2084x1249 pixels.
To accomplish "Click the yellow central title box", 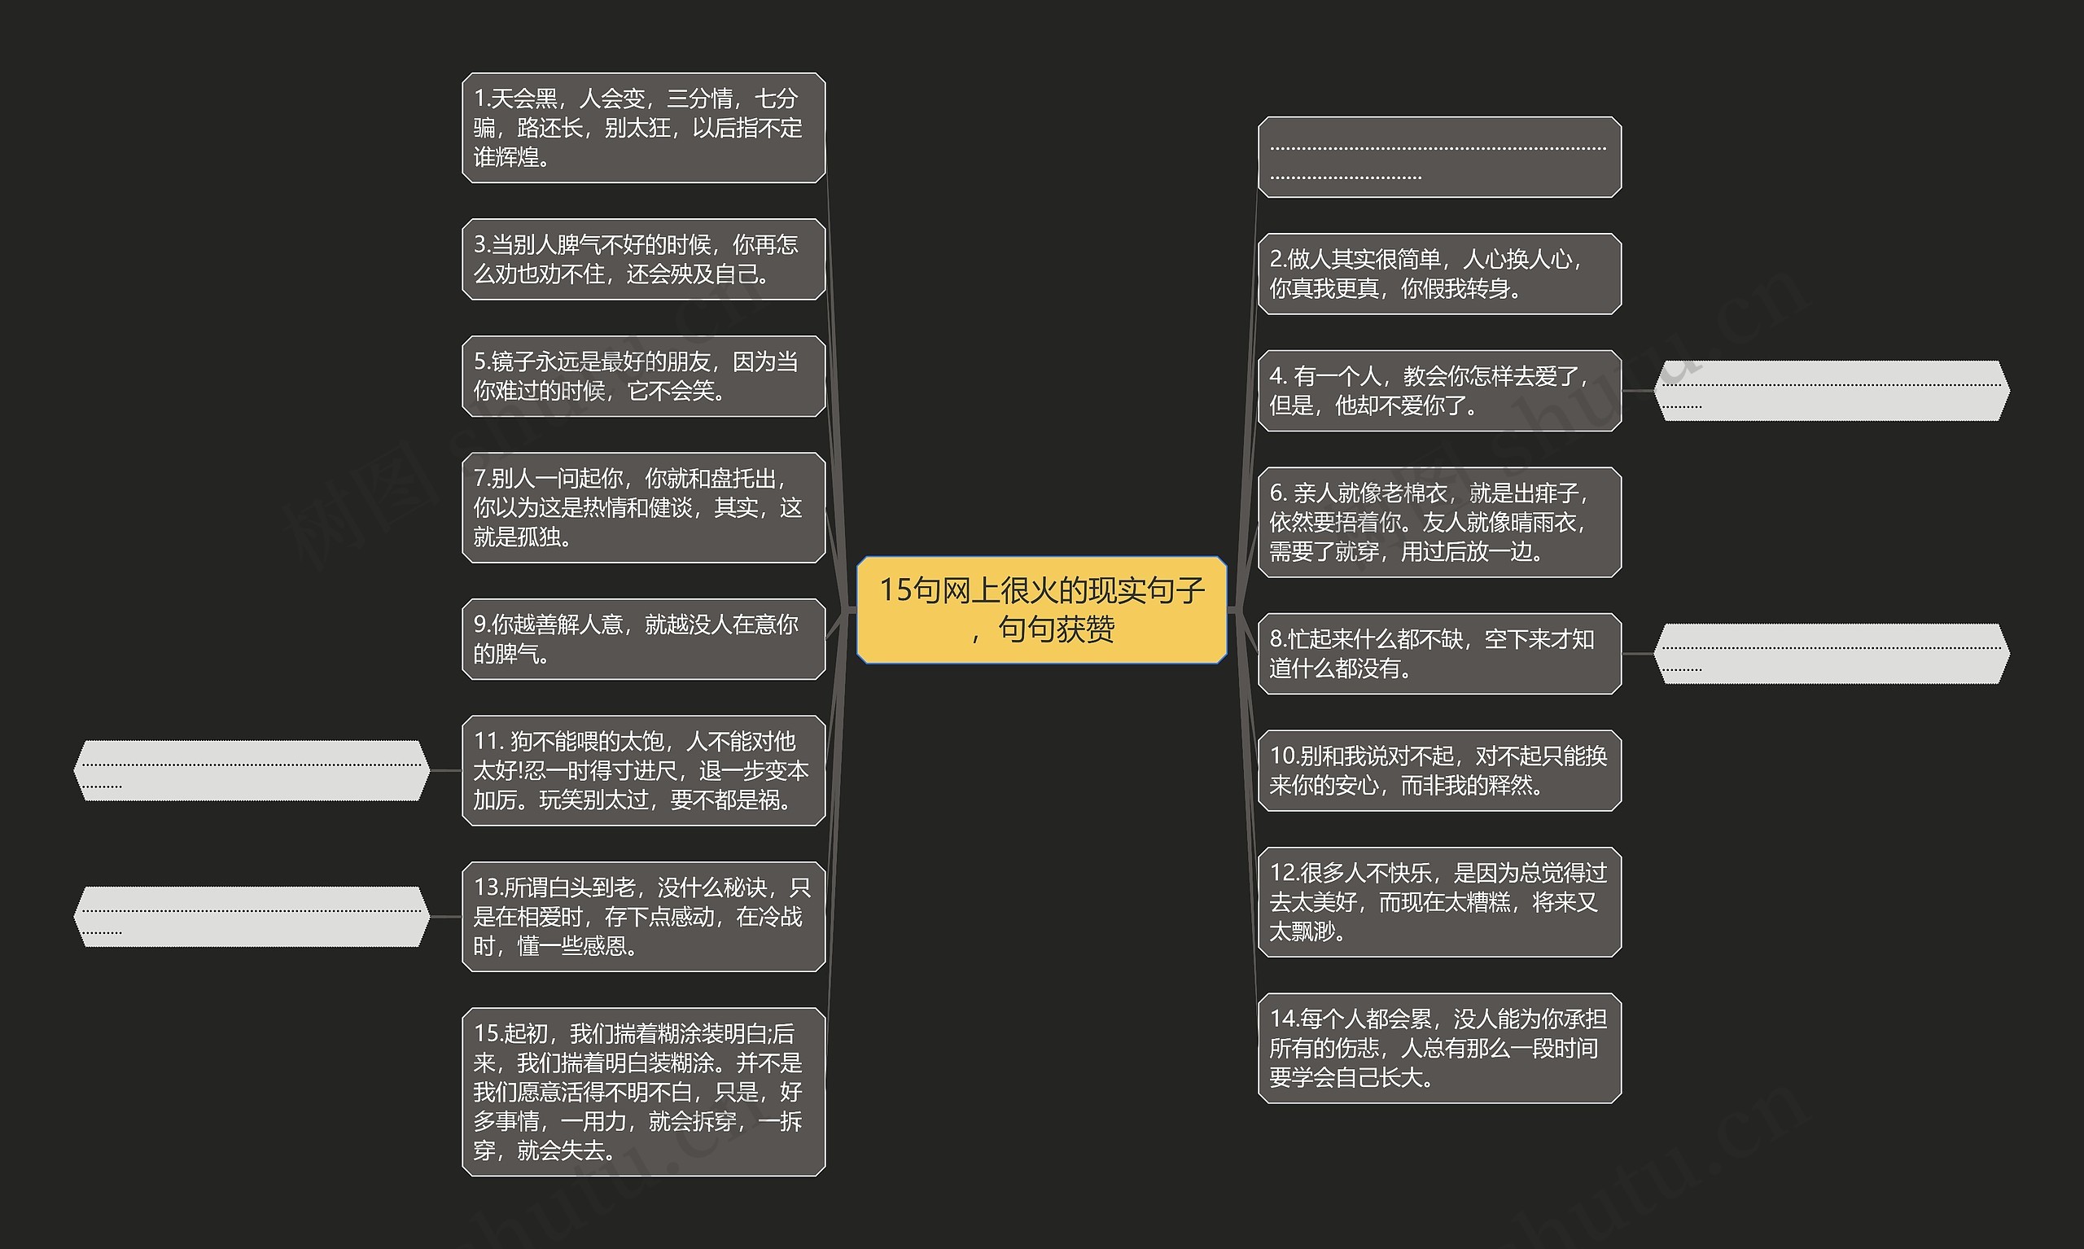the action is tap(1040, 609).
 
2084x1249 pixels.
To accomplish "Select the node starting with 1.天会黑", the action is tap(644, 128).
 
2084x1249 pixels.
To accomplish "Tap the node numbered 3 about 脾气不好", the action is tap(644, 259).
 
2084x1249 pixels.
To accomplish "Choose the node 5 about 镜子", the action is tap(644, 376).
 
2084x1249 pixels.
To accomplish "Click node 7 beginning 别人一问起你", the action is tap(644, 507).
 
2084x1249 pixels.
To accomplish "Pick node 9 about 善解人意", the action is tap(644, 639).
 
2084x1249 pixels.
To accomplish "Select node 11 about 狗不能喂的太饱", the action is tap(644, 770).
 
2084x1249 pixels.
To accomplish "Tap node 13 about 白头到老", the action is tap(644, 917).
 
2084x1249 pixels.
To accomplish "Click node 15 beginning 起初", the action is tap(644, 1092).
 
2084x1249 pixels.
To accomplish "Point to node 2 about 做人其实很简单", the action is tap(1438, 274).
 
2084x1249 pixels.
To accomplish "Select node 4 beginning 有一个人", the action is tap(1438, 391).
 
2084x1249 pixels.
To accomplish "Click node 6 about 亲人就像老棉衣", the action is tap(1438, 522).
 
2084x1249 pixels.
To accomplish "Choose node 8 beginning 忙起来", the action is tap(1438, 654).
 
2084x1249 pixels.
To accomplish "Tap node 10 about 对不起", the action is tap(1438, 770).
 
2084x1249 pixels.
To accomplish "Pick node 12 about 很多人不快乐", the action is tap(1438, 901).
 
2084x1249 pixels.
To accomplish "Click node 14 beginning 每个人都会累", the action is tap(1438, 1048).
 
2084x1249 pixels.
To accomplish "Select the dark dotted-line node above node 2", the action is tap(1438, 157).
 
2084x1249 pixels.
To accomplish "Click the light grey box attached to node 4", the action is tap(1831, 391).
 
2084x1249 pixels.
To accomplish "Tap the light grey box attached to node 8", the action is tap(1831, 654).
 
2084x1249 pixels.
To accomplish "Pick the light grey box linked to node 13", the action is tap(252, 917).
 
